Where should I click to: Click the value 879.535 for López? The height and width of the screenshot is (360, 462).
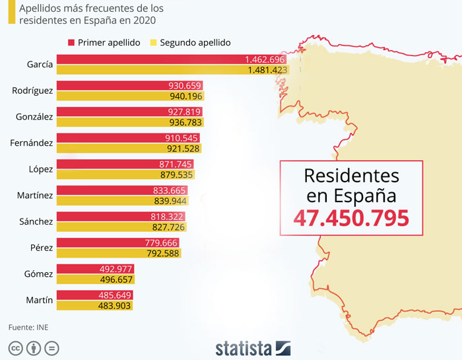[x=177, y=175]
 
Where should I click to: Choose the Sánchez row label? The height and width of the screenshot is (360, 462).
[x=32, y=221]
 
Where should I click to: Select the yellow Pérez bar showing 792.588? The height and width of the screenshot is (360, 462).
[x=119, y=253]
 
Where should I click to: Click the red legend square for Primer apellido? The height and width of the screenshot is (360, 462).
[x=71, y=42]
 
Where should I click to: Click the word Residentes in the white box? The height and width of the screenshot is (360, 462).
[x=351, y=176]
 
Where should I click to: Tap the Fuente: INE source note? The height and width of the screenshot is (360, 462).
[x=28, y=327]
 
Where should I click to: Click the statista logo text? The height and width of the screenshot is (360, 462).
[x=244, y=348]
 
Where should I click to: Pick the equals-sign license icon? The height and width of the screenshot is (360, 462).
[x=52, y=348]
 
